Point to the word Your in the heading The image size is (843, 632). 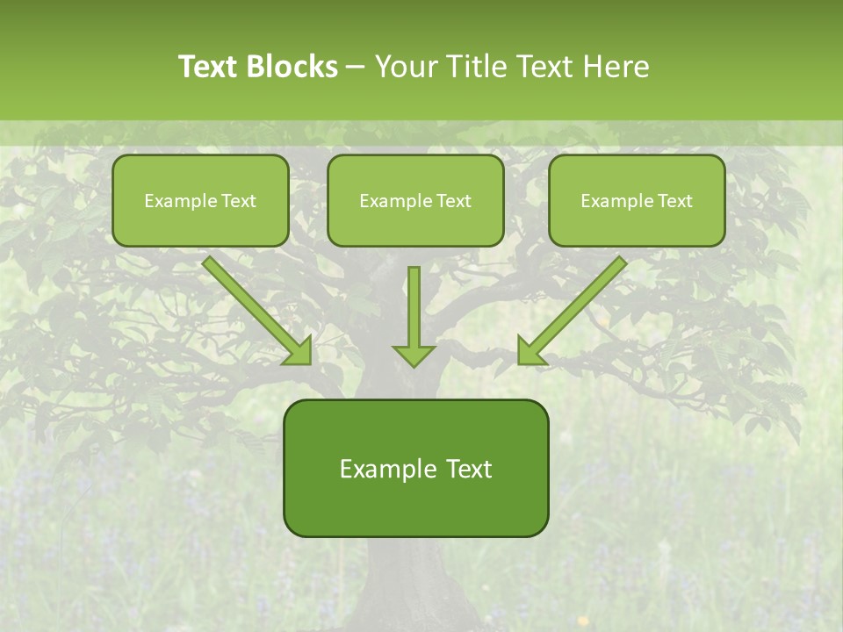click(x=407, y=67)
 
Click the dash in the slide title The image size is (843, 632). click(x=356, y=68)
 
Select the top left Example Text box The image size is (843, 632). click(x=200, y=200)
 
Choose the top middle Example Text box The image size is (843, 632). click(x=415, y=200)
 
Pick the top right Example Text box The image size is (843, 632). click(x=637, y=200)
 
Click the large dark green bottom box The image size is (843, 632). click(x=415, y=468)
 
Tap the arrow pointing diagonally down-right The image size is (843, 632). click(x=255, y=307)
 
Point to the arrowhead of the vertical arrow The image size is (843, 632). click(x=414, y=354)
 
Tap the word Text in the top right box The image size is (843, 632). click(x=674, y=201)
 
